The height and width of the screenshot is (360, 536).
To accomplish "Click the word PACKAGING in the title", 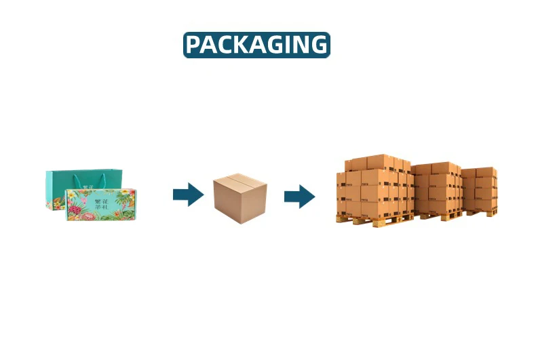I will (x=256, y=45).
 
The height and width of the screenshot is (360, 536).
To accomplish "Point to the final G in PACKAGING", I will (x=317, y=45).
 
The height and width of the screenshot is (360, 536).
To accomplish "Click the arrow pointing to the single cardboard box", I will (x=188, y=195).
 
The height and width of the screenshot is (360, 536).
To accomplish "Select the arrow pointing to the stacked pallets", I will (x=299, y=196).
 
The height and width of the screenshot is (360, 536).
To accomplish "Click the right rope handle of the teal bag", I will (x=105, y=180).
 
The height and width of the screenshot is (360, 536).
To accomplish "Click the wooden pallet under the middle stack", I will (x=441, y=215).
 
